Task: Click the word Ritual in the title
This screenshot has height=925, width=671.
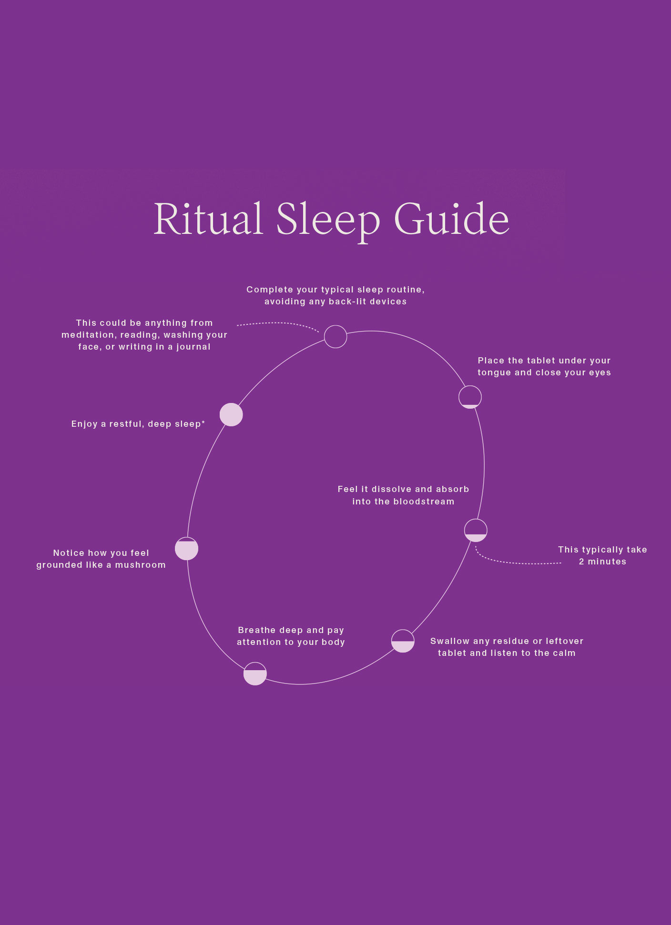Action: (208, 219)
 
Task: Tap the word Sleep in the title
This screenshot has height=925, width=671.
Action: (328, 220)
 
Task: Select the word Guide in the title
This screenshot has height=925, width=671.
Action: (452, 219)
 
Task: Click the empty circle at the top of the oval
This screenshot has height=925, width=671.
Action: (335, 337)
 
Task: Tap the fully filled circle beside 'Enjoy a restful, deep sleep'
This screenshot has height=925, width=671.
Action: (231, 415)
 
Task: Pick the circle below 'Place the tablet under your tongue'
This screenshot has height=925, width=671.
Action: (470, 397)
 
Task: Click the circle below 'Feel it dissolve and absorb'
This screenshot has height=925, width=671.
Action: (476, 530)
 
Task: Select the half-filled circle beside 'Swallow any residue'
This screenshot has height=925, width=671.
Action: (403, 641)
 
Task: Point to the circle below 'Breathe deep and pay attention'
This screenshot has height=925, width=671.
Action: (255, 674)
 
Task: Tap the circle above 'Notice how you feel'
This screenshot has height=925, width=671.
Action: (186, 549)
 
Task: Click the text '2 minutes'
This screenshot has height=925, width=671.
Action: (602, 562)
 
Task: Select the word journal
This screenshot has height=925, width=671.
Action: (193, 347)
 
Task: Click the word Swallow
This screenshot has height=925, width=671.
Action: (450, 641)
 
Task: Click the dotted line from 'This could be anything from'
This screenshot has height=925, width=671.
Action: (276, 323)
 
